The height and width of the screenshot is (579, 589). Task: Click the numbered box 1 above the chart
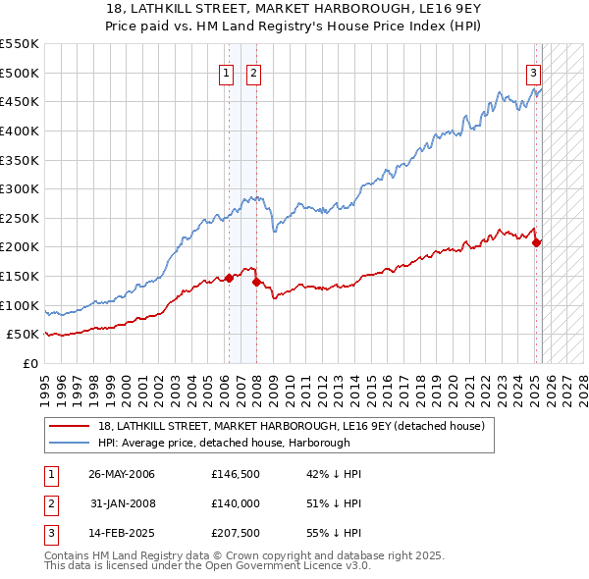coord(226,72)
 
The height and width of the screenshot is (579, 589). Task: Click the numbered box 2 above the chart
coord(253,72)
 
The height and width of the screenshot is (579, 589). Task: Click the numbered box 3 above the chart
coord(533,72)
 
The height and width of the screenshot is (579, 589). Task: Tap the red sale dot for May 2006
coord(229,278)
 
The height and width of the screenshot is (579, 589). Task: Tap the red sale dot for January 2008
coord(256,282)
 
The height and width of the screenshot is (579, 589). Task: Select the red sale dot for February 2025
coord(536,242)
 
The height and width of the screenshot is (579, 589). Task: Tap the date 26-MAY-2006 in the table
coord(122,474)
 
